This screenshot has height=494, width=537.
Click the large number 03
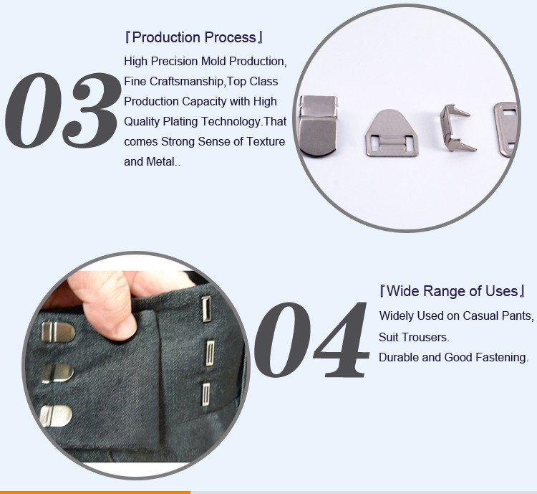pos(63,110)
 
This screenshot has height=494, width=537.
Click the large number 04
pos(311,340)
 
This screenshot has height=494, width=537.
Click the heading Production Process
pos(194,37)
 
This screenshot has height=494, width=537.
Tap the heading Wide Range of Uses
pos(453,291)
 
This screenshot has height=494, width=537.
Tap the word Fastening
pos(503,358)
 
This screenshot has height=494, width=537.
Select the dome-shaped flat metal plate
pos(392,133)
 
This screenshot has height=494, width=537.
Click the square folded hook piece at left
pos(318,126)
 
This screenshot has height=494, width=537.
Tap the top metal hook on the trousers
pos(58,332)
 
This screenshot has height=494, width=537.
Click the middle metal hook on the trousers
pos(57,374)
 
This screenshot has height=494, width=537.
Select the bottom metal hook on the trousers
pos(56,416)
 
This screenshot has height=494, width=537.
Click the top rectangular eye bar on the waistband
pos(205,309)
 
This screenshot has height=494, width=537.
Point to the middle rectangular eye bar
pos(210,353)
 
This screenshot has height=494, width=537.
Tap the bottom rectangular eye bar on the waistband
pos(205,394)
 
